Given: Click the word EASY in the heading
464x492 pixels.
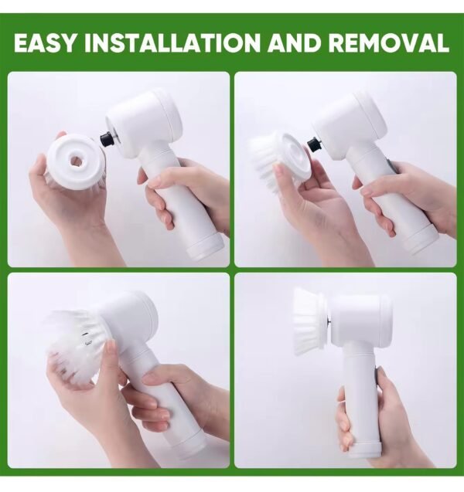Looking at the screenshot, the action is (45, 42).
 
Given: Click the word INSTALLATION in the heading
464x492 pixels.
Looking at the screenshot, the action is (172, 42).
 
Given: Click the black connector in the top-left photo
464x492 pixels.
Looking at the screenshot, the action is (107, 139).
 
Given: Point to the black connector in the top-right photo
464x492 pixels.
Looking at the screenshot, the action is (314, 144).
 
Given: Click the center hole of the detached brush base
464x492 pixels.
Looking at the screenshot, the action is (77, 161).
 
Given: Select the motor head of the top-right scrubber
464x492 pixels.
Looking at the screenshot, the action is (350, 124).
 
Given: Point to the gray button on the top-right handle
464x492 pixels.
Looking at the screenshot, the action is (391, 167).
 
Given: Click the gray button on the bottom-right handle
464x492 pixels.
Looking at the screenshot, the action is (377, 374).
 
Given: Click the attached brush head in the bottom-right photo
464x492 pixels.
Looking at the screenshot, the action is (310, 322).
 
